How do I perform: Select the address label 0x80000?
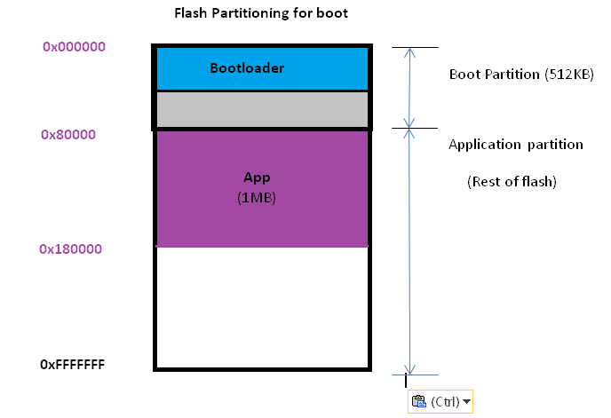(68, 135)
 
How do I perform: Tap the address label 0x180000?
(70, 249)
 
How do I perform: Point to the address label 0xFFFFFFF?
(73, 365)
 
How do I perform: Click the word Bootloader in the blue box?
(247, 67)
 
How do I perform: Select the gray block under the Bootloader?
(261, 109)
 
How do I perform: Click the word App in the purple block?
(257, 177)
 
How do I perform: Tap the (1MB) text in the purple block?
(257, 198)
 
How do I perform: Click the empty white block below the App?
(261, 306)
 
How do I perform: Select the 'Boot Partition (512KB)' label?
(521, 75)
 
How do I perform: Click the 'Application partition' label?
(515, 144)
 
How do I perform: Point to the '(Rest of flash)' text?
(512, 182)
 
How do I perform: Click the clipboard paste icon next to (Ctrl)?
(419, 402)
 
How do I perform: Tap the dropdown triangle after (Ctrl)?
(466, 403)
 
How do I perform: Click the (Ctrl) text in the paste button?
(445, 402)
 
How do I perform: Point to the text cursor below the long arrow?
(406, 381)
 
